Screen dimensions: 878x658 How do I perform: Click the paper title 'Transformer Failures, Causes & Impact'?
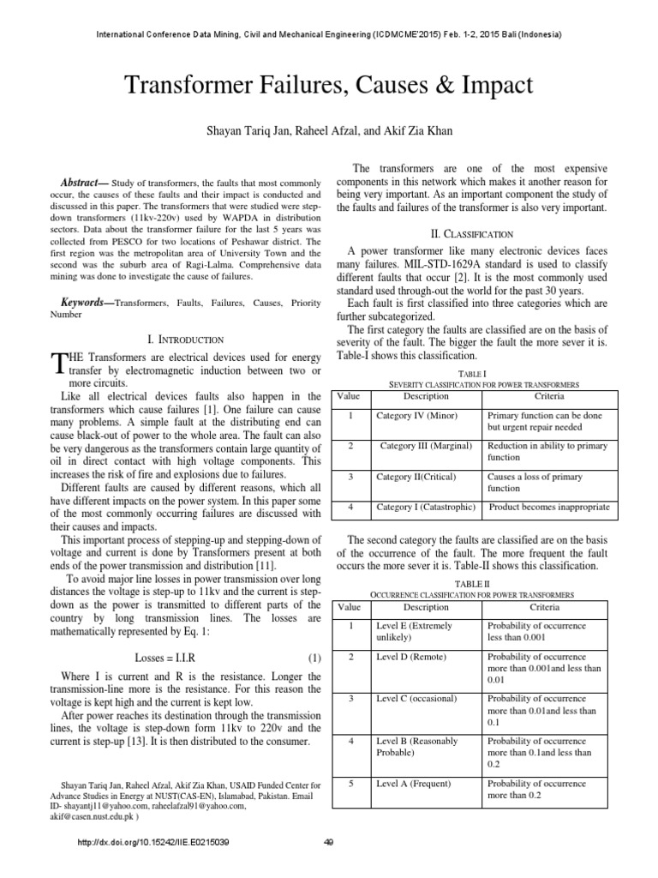click(x=329, y=86)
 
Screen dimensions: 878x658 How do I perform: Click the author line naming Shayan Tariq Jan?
click(x=329, y=131)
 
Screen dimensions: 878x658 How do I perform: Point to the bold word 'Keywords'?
click(x=86, y=303)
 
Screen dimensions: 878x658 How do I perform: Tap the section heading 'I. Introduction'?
click(x=187, y=340)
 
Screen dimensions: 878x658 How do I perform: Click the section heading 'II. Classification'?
click(x=473, y=234)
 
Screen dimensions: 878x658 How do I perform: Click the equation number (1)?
click(x=314, y=658)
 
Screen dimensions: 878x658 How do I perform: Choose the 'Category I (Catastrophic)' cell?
click(x=426, y=508)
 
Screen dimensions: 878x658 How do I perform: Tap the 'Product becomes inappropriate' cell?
click(x=549, y=508)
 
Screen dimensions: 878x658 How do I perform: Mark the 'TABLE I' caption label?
click(x=473, y=375)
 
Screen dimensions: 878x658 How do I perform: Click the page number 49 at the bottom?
click(x=329, y=842)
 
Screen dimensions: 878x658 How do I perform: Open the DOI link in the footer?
click(x=153, y=842)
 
